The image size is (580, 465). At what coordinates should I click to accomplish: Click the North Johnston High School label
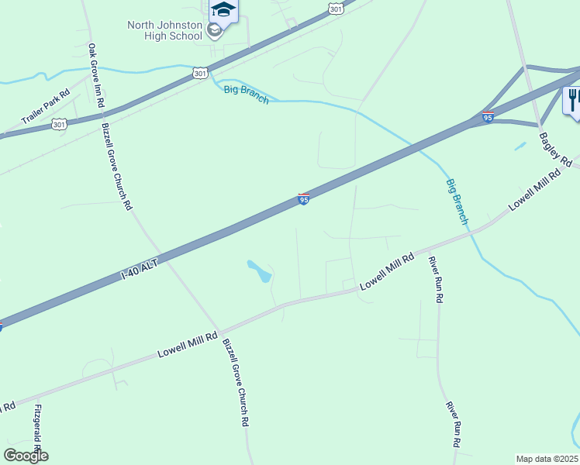click(165, 30)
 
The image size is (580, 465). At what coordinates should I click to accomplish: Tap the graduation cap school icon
click(223, 10)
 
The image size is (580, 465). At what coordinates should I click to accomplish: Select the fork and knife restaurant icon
click(573, 100)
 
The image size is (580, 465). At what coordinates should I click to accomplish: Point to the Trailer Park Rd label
click(46, 106)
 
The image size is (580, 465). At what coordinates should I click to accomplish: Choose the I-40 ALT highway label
click(140, 270)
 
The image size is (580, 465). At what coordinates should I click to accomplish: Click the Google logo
click(26, 455)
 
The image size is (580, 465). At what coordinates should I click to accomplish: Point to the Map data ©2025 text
click(547, 459)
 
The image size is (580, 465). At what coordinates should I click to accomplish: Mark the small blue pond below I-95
click(259, 271)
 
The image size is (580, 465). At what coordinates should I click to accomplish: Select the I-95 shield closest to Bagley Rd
click(488, 117)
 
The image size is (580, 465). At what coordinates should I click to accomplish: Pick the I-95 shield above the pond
click(304, 200)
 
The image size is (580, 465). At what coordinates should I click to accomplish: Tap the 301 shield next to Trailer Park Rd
click(59, 124)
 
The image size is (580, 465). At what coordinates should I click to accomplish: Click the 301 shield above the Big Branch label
click(200, 73)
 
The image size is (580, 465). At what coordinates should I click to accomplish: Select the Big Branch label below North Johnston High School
click(246, 95)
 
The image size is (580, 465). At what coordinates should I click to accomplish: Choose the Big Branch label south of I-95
click(457, 201)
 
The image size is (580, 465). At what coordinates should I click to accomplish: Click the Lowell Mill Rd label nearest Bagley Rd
click(533, 190)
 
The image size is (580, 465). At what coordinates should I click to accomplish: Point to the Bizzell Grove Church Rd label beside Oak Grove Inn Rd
click(117, 166)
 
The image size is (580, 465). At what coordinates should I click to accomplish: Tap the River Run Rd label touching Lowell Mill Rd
click(437, 280)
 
